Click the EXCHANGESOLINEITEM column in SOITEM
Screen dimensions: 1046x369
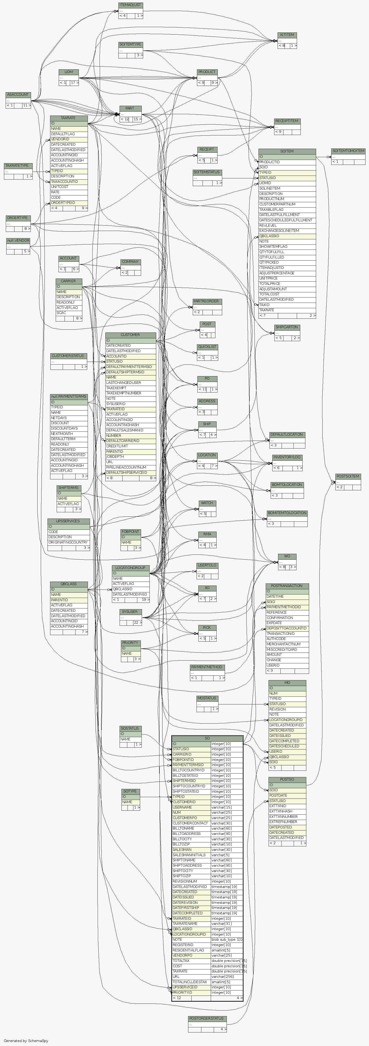click(x=279, y=231)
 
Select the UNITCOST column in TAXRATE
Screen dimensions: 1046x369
click(x=60, y=187)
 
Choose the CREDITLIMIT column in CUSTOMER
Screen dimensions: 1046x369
click(x=117, y=446)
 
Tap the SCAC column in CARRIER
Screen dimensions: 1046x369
click(x=61, y=313)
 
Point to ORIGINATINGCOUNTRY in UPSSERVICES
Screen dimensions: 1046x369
click(x=68, y=542)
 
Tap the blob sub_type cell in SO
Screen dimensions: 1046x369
click(x=226, y=940)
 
